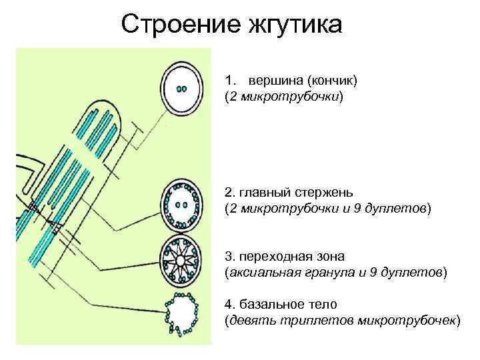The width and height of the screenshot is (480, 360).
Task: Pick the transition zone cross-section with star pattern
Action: click(181, 258)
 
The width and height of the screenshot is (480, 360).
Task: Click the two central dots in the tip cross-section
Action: click(181, 89)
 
